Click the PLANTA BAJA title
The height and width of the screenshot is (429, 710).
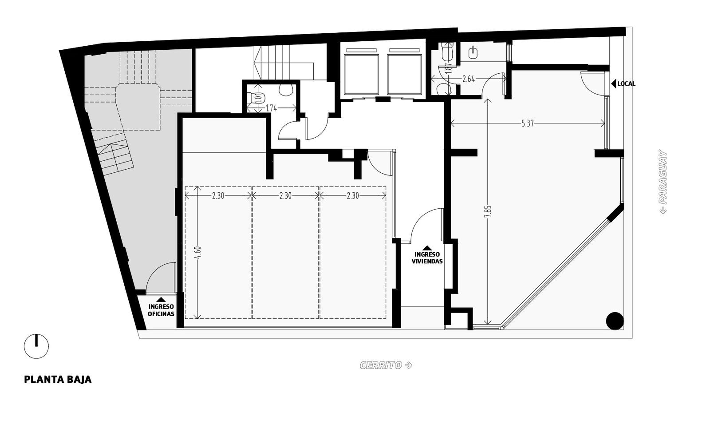click(58, 380)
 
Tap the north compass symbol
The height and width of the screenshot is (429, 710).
click(36, 346)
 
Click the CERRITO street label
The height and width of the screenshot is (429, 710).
click(386, 365)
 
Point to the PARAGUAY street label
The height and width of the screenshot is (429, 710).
click(663, 182)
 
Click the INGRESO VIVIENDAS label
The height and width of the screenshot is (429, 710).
click(427, 258)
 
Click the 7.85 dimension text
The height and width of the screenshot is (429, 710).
click(488, 212)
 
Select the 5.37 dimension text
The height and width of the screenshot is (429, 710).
click(528, 123)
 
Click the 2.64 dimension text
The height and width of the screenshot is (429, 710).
click(469, 79)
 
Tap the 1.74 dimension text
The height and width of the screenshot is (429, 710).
click(271, 108)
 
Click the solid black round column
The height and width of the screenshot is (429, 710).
click(615, 321)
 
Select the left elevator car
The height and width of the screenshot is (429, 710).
click(361, 75)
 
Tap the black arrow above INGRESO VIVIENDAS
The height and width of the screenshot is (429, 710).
click(427, 248)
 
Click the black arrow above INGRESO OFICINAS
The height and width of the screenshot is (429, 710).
click(161, 299)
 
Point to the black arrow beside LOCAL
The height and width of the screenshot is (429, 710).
click(613, 84)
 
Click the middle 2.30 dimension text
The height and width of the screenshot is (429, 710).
click(285, 196)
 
